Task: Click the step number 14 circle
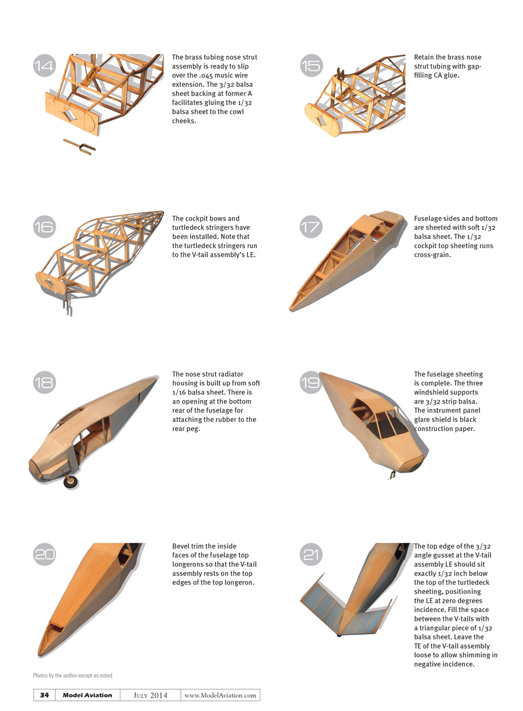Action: (45, 65)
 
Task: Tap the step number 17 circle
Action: (311, 227)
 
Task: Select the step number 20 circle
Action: (45, 554)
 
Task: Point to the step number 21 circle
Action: (311, 554)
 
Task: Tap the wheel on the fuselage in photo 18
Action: (70, 481)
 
